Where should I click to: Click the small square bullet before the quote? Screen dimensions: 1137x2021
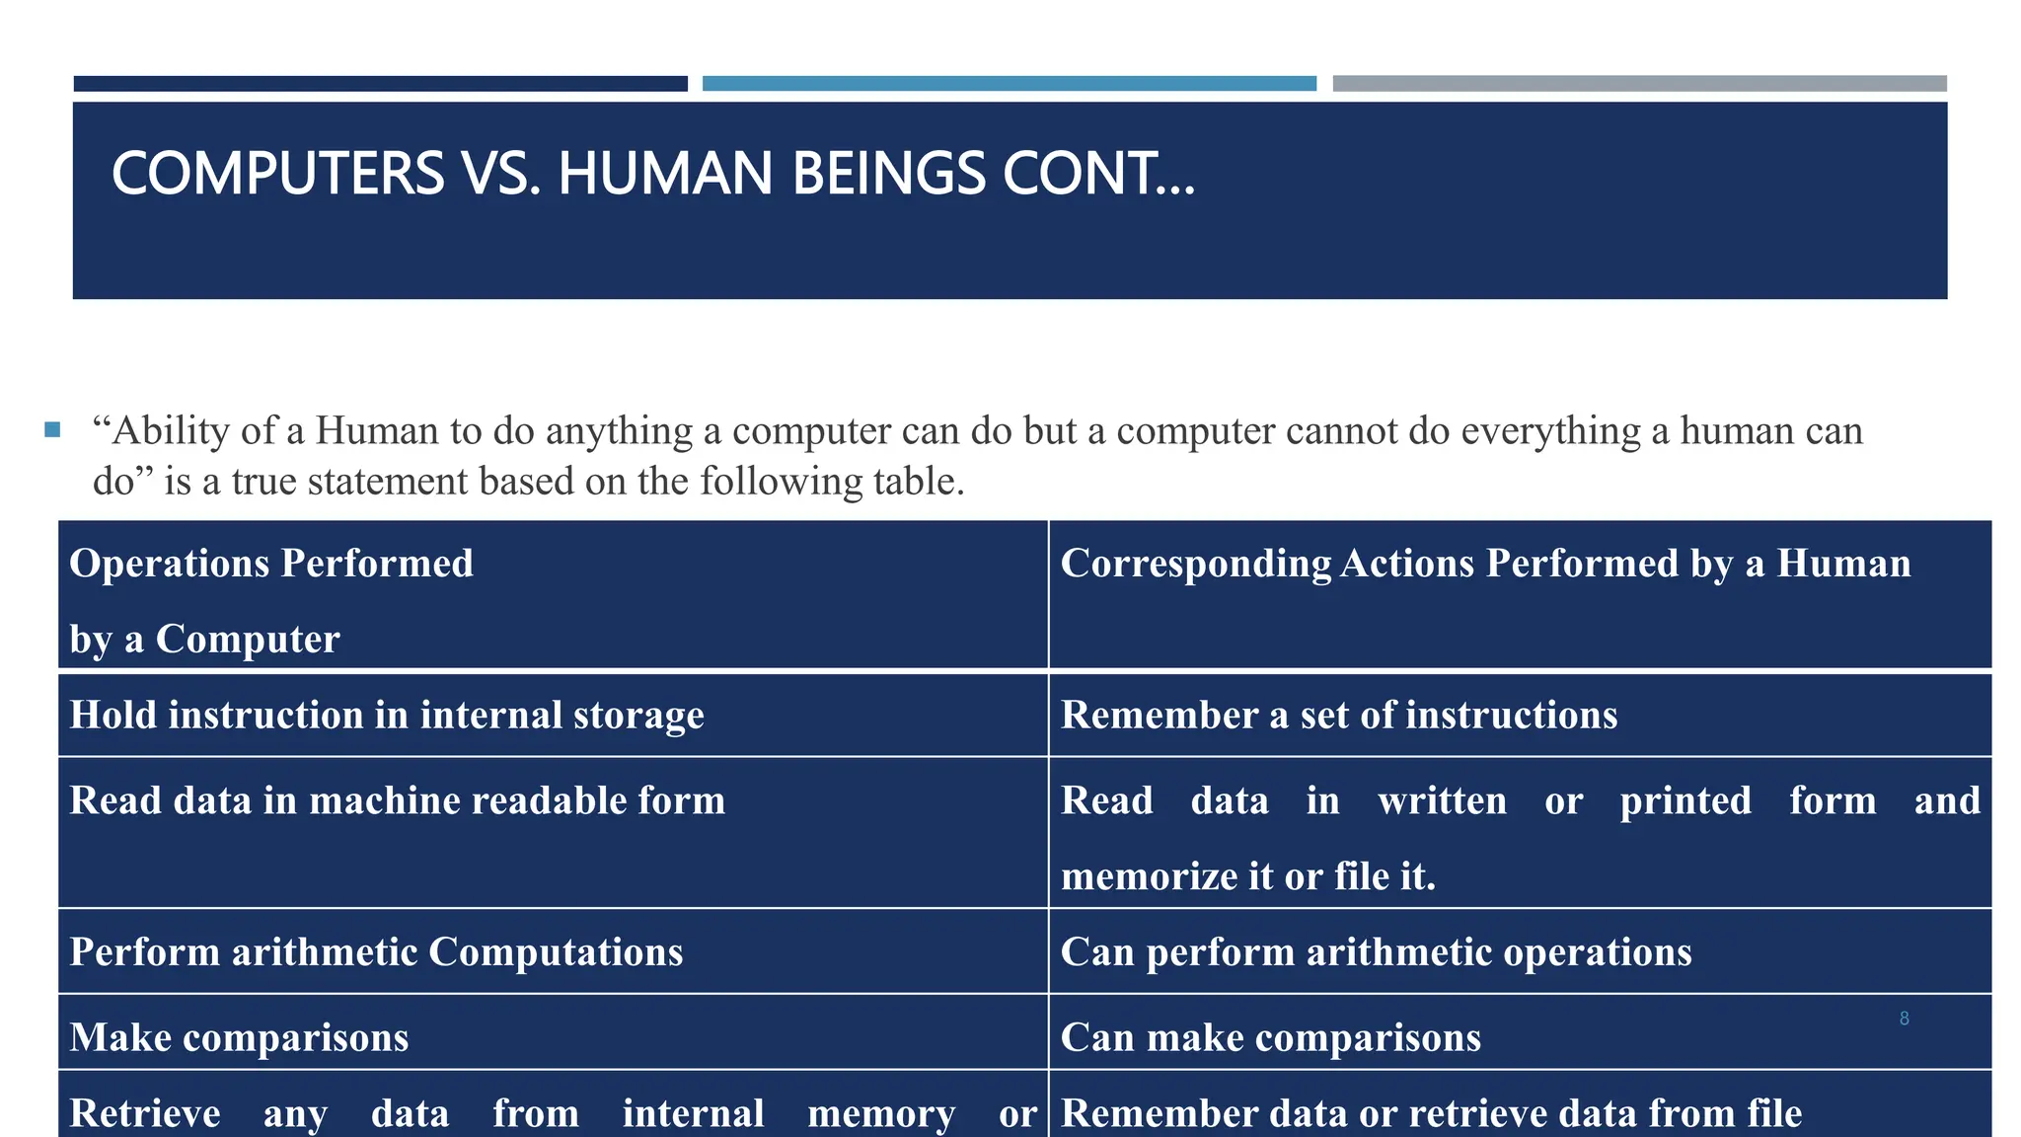tap(52, 430)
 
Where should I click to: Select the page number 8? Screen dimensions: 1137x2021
tap(1904, 1019)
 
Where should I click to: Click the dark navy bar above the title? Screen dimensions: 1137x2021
tap(380, 84)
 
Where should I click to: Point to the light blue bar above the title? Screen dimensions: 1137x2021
tap(1009, 84)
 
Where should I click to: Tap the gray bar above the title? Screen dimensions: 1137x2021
tap(1639, 84)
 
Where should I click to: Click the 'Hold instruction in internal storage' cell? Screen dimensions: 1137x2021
tap(387, 715)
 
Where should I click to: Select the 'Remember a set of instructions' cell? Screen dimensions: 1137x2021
tap(1338, 715)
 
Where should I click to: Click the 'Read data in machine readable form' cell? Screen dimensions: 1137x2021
tap(397, 800)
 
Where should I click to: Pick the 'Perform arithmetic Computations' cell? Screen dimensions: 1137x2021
tap(376, 952)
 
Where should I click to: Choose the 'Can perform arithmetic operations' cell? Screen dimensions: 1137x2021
tap(1376, 952)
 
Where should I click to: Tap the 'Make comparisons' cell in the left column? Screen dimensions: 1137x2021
tap(239, 1037)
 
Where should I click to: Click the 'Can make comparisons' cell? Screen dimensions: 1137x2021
tap(1270, 1037)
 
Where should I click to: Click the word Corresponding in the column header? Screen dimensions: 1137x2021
tap(1195, 564)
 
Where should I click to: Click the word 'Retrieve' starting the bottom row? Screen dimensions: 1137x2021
tap(145, 1113)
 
